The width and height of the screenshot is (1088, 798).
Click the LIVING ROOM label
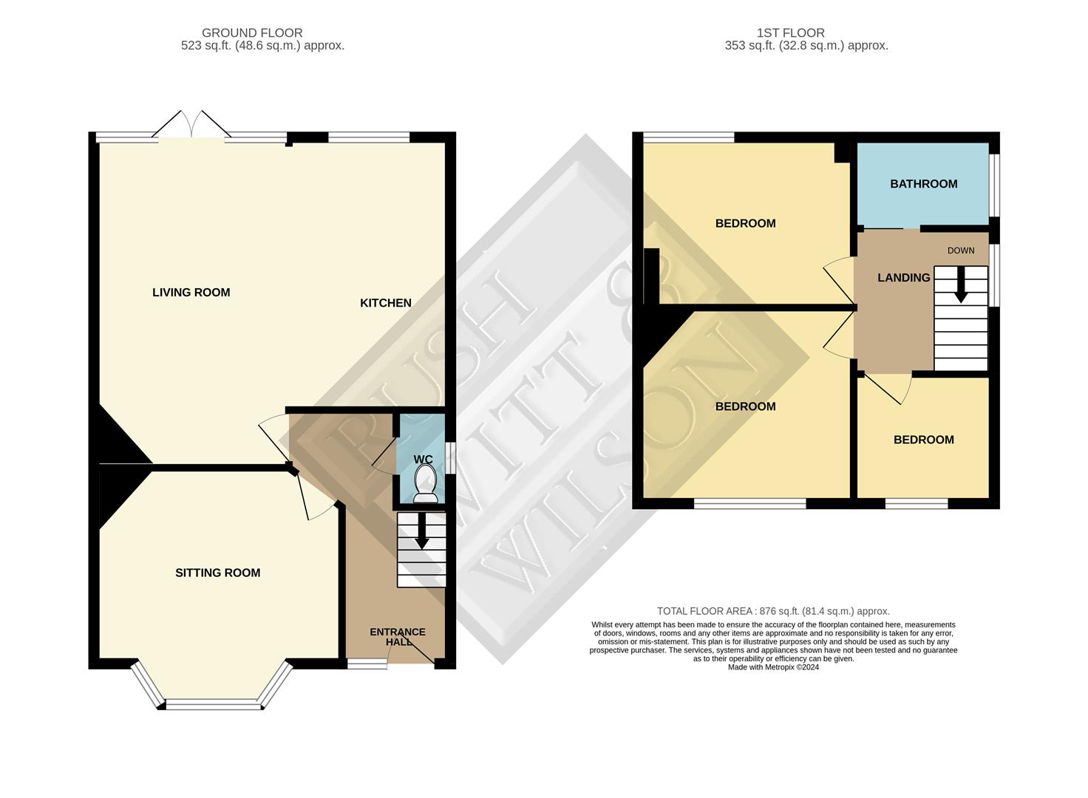click(191, 293)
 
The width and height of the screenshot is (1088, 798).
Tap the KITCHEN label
click(385, 303)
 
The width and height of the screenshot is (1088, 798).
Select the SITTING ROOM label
click(217, 573)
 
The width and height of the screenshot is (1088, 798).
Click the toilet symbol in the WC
click(425, 487)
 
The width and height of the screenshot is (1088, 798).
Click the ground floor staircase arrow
click(422, 532)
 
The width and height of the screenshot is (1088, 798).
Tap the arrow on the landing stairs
click(960, 284)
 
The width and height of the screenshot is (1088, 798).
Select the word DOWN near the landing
click(961, 250)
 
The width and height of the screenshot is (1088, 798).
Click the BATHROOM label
click(923, 184)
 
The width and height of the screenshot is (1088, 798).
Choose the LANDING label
click(903, 278)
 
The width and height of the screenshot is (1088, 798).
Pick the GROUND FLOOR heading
click(252, 33)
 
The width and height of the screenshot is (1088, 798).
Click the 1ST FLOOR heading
click(790, 33)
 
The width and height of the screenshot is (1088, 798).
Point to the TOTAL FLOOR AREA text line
click(773, 611)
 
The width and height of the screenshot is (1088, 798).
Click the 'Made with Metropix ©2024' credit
click(773, 666)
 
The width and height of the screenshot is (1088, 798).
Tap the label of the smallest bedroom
click(923, 440)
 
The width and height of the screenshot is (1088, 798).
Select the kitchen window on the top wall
click(369, 137)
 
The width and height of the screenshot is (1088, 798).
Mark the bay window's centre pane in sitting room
click(214, 705)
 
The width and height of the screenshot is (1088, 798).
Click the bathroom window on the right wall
click(994, 185)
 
